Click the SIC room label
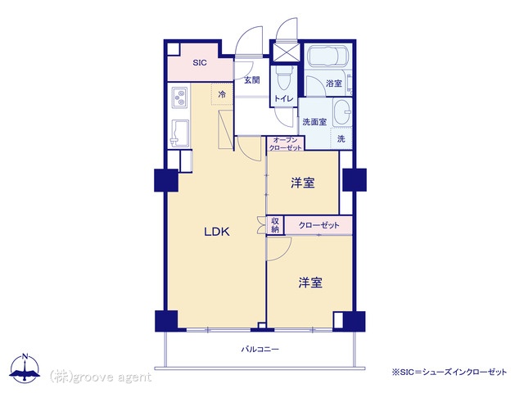coord(200,62)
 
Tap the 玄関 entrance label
coord(251,80)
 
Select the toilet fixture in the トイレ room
coord(284,78)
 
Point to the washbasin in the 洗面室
coord(341,112)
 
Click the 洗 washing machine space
coord(341,138)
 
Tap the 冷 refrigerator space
coord(222,94)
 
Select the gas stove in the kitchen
coord(179,97)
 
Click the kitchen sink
coord(179,133)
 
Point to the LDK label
coord(217,232)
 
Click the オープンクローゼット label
coord(286,144)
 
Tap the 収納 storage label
coord(275,225)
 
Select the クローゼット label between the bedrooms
coord(318,225)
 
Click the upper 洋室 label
coord(303,183)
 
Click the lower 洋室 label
coord(310,282)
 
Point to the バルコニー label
coord(260,350)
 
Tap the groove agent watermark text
coord(101,377)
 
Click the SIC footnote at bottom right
coord(449,372)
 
